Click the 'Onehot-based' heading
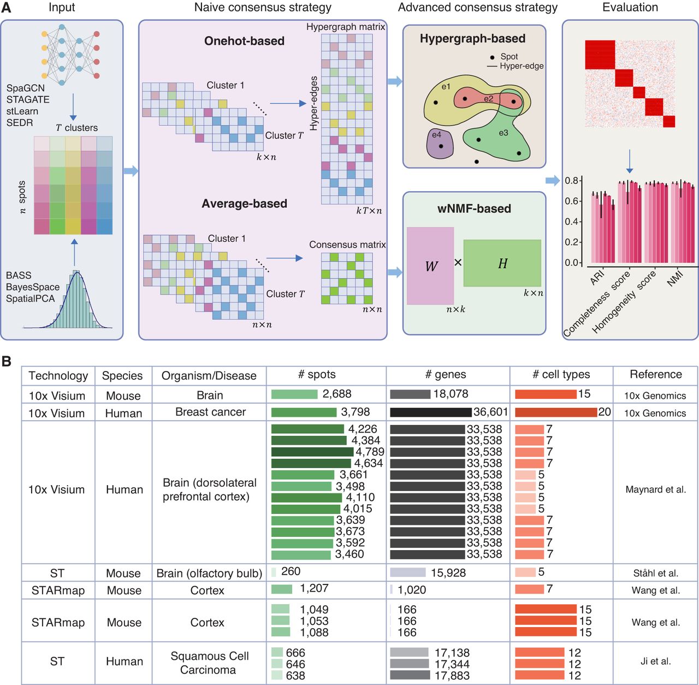click(x=244, y=41)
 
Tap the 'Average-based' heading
click(x=244, y=204)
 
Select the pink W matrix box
click(x=430, y=265)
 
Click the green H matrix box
click(x=502, y=263)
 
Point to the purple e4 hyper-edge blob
click(x=440, y=143)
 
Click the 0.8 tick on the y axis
click(x=572, y=181)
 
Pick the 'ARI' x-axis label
click(x=597, y=277)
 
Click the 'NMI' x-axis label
click(x=675, y=279)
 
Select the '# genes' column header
click(x=446, y=375)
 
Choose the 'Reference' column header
click(x=655, y=375)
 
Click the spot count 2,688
click(x=337, y=394)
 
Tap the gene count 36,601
click(x=490, y=412)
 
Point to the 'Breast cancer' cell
click(x=210, y=412)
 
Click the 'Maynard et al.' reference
click(x=655, y=489)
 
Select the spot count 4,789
click(x=370, y=452)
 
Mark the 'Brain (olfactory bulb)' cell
click(x=209, y=573)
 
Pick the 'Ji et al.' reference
click(x=655, y=661)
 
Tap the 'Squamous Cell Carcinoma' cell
click(x=209, y=663)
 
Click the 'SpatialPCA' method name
click(x=31, y=299)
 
